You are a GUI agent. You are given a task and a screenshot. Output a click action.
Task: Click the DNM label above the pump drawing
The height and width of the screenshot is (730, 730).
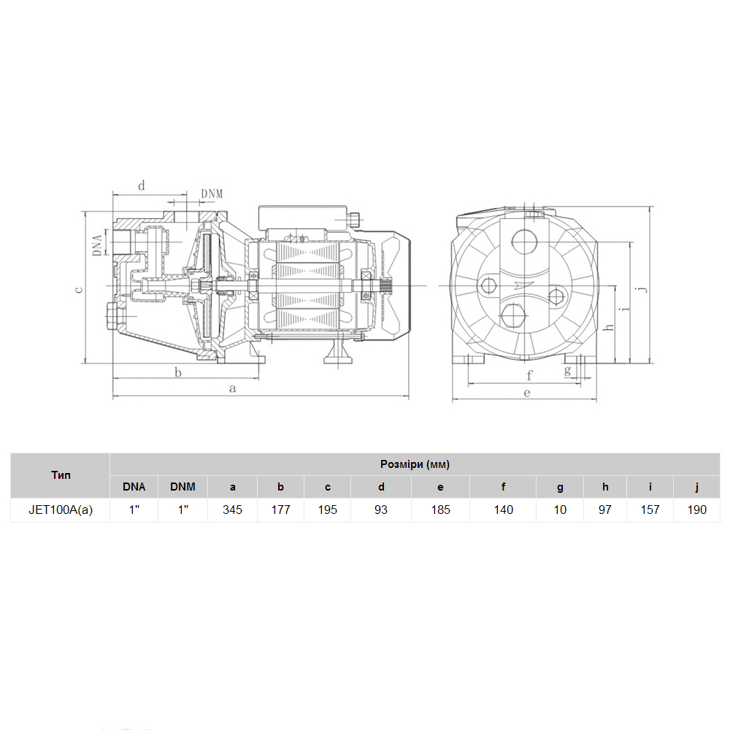click(212, 193)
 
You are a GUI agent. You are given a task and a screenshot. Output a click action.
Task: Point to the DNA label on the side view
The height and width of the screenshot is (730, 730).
click(97, 245)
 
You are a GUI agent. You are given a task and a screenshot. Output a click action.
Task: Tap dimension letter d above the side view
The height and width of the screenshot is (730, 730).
click(142, 185)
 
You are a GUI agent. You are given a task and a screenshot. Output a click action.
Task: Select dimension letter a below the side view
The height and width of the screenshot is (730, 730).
click(233, 388)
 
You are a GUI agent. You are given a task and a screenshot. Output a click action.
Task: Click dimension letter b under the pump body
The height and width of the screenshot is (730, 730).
click(178, 372)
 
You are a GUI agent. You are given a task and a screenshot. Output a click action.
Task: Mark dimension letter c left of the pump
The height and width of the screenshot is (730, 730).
click(79, 290)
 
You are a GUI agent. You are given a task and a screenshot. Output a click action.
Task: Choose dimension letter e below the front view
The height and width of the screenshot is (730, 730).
click(527, 393)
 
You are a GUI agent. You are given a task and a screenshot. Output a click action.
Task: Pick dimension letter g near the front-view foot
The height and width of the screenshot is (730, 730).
click(567, 371)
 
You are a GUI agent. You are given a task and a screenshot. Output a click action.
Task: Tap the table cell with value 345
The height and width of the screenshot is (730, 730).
click(232, 510)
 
